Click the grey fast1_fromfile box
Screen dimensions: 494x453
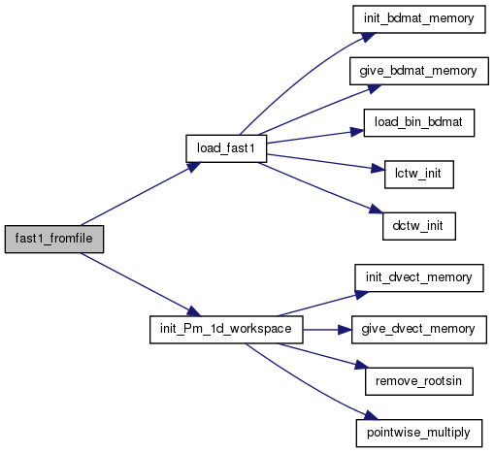coord(54,239)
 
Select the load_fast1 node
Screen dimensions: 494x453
coord(226,148)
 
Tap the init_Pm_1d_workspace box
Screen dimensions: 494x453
coord(226,330)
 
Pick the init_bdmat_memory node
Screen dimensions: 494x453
coord(419,18)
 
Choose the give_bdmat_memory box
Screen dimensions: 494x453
coord(419,71)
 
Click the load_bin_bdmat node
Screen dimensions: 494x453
coord(419,122)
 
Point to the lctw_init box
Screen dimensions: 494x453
coord(419,175)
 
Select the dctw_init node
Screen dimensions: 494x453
coord(419,226)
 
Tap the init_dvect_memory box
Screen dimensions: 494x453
coord(419,277)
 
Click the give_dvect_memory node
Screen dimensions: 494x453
coord(419,330)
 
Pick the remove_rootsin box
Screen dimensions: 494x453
coord(419,381)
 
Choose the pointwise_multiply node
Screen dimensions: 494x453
coord(419,433)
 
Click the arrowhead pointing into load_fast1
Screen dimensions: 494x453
coord(193,167)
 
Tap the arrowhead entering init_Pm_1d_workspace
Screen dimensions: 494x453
coord(193,311)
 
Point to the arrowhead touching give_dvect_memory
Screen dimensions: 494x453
coord(345,330)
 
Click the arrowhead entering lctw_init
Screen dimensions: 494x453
coord(378,169)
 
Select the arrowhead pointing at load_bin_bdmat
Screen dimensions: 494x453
coord(357,132)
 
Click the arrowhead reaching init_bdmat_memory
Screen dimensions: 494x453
coord(368,37)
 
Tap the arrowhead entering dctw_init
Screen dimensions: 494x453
coord(376,209)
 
